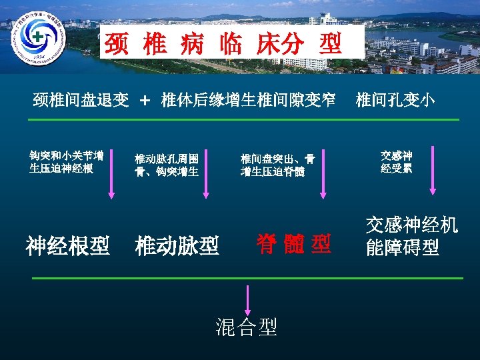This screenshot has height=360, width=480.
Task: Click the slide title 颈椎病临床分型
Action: pyautogui.click(x=223, y=44)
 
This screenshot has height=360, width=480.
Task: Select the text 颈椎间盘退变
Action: pyautogui.click(x=81, y=101)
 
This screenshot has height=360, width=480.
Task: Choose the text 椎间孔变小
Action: pyautogui.click(x=395, y=101)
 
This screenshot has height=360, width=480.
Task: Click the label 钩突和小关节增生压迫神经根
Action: pyautogui.click(x=66, y=162)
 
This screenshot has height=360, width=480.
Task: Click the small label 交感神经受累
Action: pyautogui.click(x=396, y=162)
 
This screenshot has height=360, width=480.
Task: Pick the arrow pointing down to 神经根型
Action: pyautogui.click(x=111, y=176)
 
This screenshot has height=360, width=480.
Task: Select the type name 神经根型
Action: pyautogui.click(x=67, y=247)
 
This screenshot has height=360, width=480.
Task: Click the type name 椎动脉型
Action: pyautogui.click(x=177, y=247)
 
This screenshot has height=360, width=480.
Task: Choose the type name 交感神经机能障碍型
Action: pyautogui.click(x=411, y=236)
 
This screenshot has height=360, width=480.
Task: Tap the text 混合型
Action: pyautogui.click(x=246, y=327)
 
